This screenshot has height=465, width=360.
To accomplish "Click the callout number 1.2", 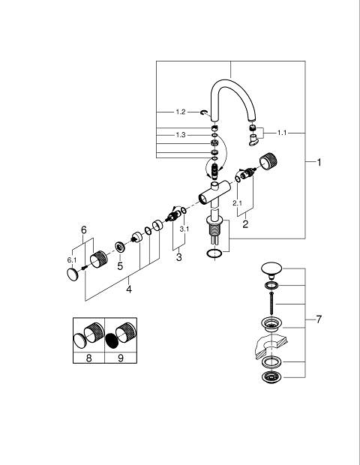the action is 181,112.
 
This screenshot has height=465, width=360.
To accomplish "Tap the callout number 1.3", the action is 181,135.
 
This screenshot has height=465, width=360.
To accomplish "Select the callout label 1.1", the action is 282,133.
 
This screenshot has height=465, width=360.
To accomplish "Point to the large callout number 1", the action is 319,162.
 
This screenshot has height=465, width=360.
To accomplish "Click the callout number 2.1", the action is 237,203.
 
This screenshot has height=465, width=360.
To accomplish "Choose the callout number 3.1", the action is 184,229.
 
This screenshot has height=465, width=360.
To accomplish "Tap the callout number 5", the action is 120,266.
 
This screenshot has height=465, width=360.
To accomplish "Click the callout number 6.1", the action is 72,260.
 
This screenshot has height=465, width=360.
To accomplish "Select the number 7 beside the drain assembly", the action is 319,319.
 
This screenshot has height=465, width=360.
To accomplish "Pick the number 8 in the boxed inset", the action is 88,358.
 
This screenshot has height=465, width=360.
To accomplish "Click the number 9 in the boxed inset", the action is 121,358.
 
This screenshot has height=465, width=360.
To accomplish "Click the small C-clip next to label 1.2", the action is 204,112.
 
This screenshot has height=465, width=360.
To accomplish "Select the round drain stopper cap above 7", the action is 271,268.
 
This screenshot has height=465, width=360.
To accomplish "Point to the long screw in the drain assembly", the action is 271,304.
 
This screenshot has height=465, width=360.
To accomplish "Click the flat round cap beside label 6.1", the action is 72,274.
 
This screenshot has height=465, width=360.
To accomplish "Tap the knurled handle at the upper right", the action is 268,161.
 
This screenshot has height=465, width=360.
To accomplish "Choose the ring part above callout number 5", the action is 120,247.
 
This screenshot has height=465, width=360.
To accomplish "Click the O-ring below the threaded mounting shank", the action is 214,253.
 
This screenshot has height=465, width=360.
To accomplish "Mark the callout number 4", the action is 129,289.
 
